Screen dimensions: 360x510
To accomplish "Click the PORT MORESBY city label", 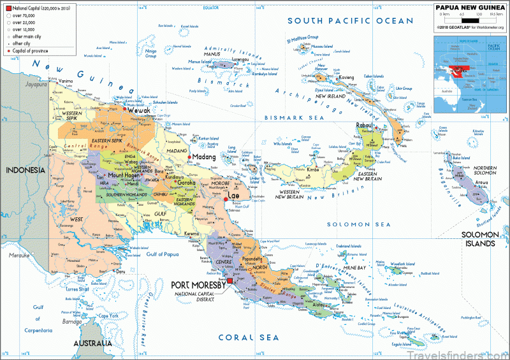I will (x=198, y=285).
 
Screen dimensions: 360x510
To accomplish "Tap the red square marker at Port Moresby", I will (x=229, y=281).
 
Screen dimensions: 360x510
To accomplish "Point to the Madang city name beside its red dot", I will (x=205, y=157).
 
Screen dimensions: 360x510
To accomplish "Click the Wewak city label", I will (x=139, y=110).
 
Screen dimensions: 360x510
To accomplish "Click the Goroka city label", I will (x=186, y=182).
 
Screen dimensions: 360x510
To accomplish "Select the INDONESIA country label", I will (x=25, y=170).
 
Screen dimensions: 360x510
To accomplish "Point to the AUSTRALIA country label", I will (x=93, y=343).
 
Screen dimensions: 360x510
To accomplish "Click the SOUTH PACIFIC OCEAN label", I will (x=350, y=21).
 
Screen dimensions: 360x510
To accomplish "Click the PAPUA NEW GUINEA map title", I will (x=471, y=8).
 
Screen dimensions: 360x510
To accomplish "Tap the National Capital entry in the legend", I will (x=42, y=8).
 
